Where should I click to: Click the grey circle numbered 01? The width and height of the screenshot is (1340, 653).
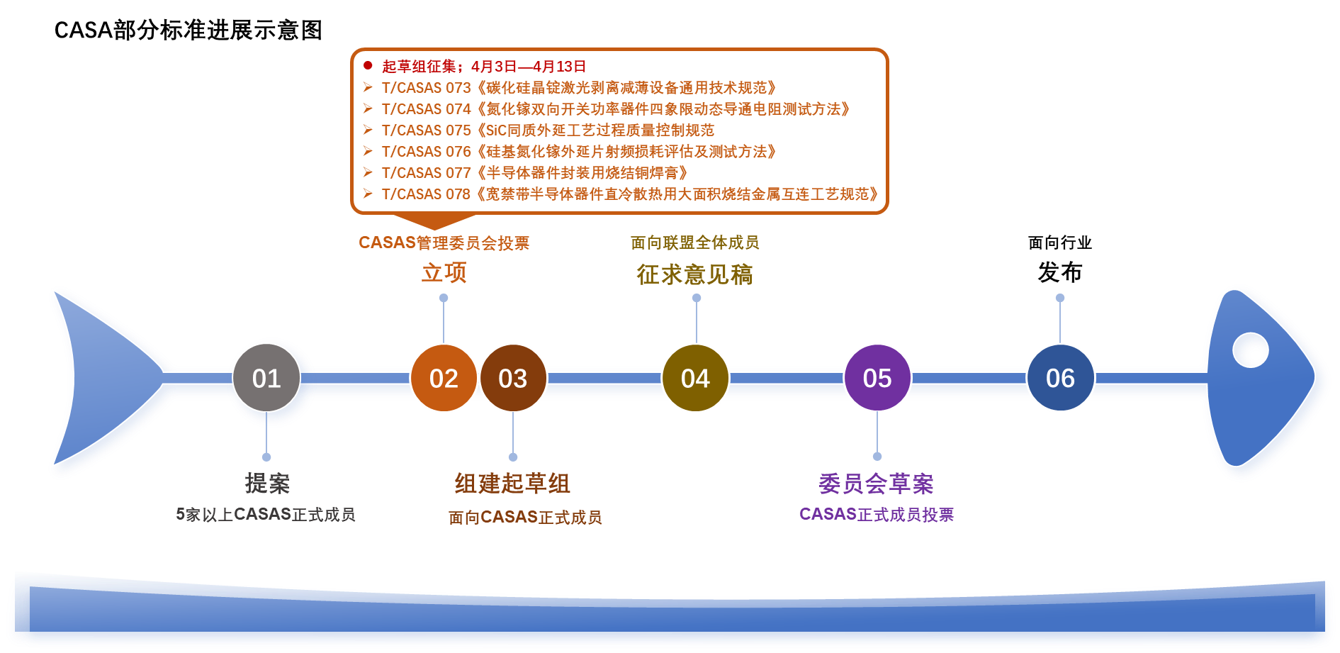266,379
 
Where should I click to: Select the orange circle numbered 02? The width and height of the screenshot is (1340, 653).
444,379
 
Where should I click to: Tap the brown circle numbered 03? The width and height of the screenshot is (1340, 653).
513,379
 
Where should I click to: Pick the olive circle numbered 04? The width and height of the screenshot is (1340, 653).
695,379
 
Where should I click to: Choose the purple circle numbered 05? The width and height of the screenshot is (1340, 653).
877,379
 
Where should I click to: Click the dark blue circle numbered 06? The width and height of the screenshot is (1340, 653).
1060,379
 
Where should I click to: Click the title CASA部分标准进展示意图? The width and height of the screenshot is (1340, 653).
188,30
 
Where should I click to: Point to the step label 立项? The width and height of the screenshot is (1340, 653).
444,273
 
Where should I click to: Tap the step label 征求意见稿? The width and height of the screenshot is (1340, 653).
694,274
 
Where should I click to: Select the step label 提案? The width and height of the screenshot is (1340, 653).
267,484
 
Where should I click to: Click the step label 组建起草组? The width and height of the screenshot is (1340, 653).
512,484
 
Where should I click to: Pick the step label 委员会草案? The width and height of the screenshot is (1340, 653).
877,484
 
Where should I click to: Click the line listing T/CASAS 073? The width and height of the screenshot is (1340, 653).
578,88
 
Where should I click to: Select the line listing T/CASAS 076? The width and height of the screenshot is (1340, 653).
578,152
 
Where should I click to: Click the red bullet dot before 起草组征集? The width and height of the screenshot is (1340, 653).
368,66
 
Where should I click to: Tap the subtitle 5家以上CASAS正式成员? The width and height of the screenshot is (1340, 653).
266,515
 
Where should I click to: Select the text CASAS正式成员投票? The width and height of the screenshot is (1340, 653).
877,515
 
